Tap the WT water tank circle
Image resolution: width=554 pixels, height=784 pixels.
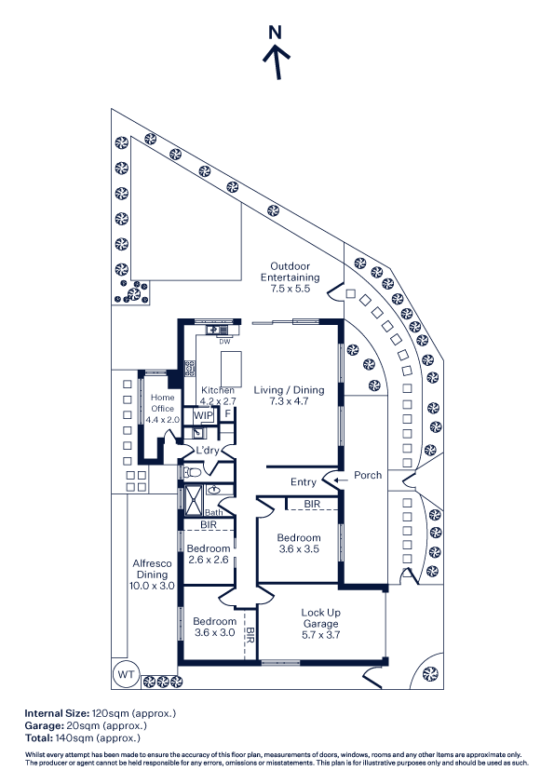click(126, 674)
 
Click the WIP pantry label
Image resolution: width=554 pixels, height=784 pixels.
click(204, 415)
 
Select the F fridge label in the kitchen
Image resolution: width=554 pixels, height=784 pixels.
click(228, 414)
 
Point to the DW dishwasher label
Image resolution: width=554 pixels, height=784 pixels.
click(225, 342)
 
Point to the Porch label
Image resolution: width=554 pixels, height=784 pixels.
click(368, 475)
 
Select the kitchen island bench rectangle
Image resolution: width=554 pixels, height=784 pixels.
click(231, 369)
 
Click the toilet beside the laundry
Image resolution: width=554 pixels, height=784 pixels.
click(192, 471)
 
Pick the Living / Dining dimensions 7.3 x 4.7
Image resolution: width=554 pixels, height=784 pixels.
click(289, 401)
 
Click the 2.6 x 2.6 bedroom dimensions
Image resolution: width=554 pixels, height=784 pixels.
click(209, 560)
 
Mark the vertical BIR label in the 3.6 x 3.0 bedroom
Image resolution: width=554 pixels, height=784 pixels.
click(250, 634)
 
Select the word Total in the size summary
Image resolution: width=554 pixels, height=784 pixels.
click(38, 737)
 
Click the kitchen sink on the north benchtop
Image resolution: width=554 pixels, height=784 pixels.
click(212, 330)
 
